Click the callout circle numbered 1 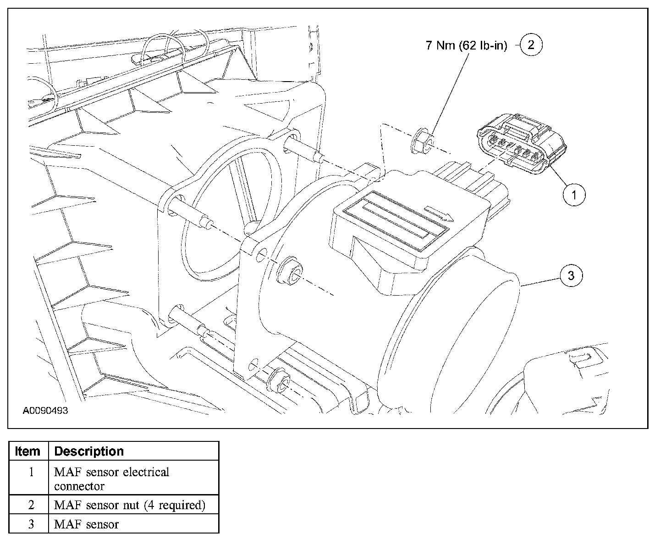point(573,195)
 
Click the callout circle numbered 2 point(531,45)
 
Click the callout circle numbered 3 point(571,275)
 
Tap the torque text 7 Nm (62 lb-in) point(467,46)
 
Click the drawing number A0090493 point(45,411)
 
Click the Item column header point(27,451)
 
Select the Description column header point(89,451)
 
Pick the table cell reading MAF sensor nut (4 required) point(130,505)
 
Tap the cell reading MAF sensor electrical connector point(111,478)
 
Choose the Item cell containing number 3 point(31,524)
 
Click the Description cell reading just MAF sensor point(86,524)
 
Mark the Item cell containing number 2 point(31,505)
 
